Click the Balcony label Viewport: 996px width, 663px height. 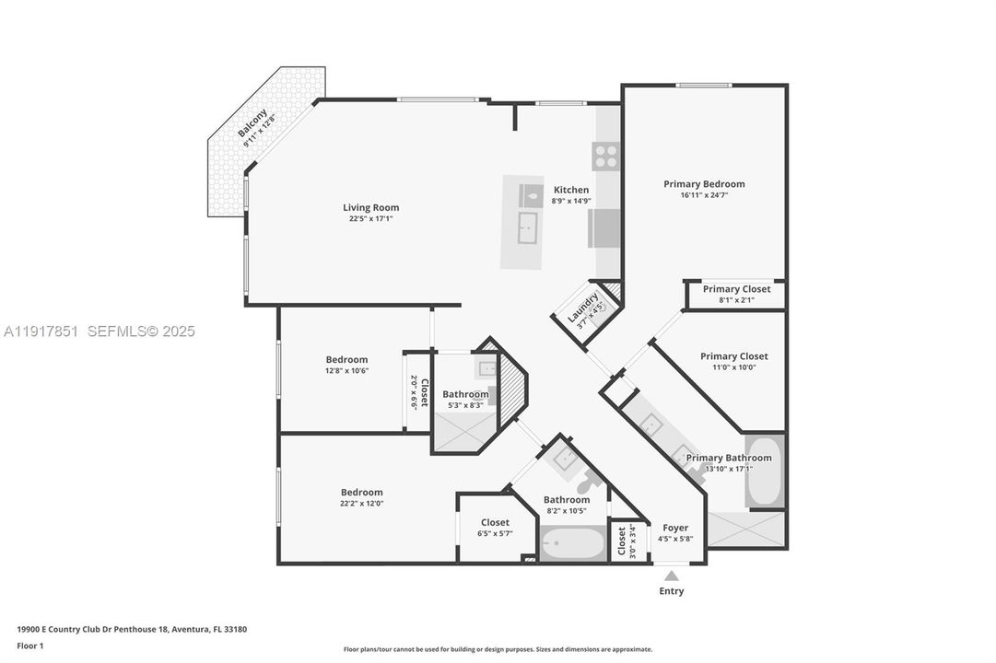[x=252, y=122]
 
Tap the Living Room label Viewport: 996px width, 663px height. [x=371, y=207]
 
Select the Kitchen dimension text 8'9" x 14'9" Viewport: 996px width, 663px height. [x=571, y=201]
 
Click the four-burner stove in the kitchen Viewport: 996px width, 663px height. [x=605, y=157]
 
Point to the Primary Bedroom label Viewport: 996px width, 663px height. [x=704, y=184]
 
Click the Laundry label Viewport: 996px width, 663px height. [x=582, y=308]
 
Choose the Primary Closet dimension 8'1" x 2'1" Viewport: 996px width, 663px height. [x=736, y=300]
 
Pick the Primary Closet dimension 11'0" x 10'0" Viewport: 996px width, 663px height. [x=733, y=367]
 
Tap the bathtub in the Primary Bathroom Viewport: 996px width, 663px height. [x=765, y=471]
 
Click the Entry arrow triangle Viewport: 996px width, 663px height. [x=672, y=576]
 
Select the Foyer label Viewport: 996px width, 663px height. [x=675, y=528]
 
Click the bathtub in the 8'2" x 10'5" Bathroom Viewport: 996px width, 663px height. [x=572, y=543]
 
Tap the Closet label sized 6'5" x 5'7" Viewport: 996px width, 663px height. [x=495, y=523]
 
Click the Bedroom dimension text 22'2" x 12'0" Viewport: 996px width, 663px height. [x=361, y=504]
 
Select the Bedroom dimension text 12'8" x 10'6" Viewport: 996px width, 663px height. [x=346, y=371]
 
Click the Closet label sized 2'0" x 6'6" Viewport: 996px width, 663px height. [x=425, y=392]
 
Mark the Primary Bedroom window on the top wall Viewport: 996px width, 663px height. [x=703, y=85]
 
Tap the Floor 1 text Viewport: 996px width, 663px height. [x=29, y=646]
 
